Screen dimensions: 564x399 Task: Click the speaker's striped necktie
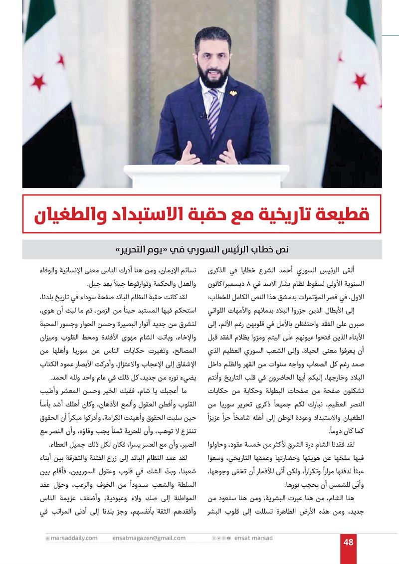coord(214,112)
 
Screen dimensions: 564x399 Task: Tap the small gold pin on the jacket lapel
coord(232,93)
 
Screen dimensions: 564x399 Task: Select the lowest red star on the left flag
coord(38,82)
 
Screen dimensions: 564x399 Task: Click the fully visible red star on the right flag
coord(359,80)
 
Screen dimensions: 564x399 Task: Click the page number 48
coord(348,542)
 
